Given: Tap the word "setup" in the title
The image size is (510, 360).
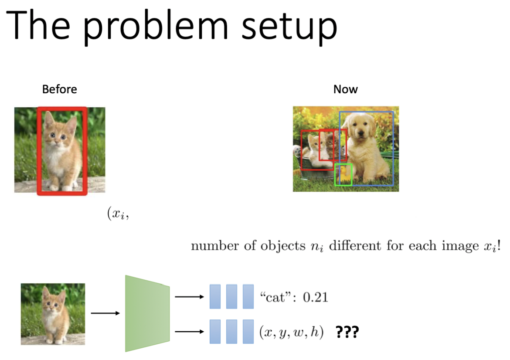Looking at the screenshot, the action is coord(289,27).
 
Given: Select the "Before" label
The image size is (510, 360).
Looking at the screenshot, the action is coord(60,89).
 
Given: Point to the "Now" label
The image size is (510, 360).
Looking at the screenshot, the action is coord(345,89).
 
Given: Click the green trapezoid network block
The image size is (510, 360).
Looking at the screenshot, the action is coord(147,313).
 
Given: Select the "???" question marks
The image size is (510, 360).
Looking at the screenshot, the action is coord(347,332).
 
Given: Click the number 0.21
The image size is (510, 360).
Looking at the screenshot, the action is coord(315,297).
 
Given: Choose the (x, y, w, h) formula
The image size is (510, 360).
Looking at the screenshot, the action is coord(292,332).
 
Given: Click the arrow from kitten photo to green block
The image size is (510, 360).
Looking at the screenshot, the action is coord(105,313).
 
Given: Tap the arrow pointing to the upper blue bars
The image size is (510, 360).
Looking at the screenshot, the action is coord(189,296).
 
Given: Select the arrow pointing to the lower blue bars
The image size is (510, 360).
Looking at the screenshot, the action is coord(189,332).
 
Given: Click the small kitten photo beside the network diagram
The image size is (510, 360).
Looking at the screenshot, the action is coord(53,314).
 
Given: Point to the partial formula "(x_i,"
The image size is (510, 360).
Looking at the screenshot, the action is coord(118,213).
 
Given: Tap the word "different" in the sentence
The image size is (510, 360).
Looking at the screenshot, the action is coord(355,245).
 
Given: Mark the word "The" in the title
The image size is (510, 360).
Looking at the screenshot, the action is coord(38,25).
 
